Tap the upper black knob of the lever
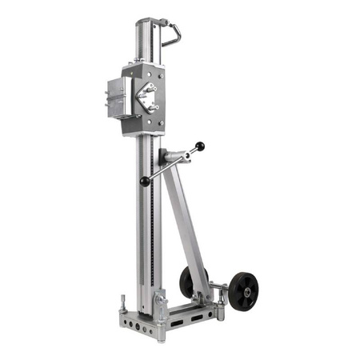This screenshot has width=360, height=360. [x=200, y=146]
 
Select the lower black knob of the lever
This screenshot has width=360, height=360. [x=145, y=182]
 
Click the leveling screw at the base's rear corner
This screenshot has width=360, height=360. [x=123, y=305]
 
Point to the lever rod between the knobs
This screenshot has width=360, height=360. [x=172, y=164]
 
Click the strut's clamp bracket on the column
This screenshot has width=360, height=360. [x=170, y=155]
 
